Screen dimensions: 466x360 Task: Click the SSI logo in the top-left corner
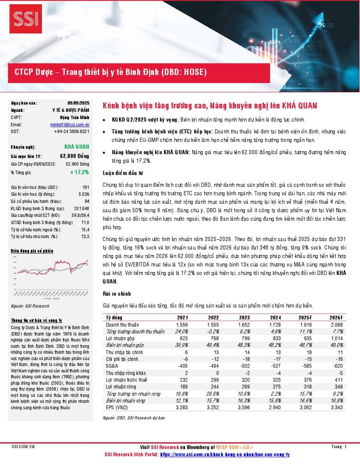(26, 18)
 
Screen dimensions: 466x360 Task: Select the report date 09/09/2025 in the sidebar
(78, 103)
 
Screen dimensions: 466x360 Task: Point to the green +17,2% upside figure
(80, 172)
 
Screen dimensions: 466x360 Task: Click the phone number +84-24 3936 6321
(72, 132)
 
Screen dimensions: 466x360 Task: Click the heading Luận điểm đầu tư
(123, 172)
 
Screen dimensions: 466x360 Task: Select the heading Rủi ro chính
(117, 294)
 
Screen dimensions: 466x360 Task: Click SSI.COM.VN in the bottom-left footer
(23, 447)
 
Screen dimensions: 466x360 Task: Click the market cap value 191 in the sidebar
(86, 187)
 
